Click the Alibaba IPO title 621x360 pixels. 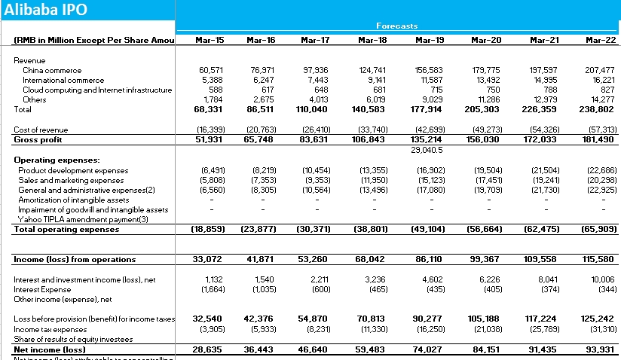45,10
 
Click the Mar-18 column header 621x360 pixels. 372,39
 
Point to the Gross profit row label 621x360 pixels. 38,139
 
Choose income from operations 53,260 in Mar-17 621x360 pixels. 313,259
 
